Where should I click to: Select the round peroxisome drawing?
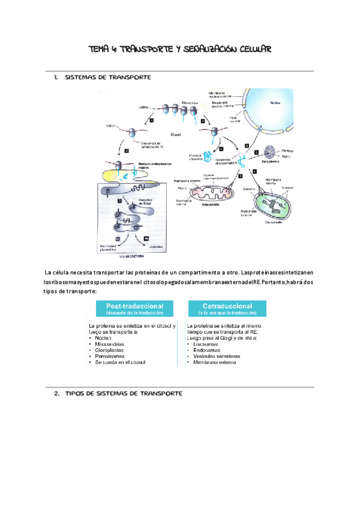[x=274, y=154]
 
